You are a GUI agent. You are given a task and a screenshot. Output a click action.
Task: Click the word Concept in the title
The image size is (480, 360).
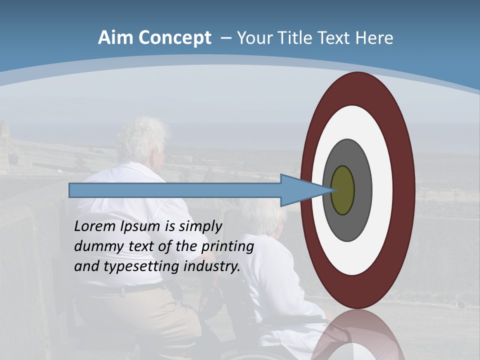point(174,38)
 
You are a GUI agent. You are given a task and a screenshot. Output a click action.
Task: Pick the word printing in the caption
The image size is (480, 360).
point(227,246)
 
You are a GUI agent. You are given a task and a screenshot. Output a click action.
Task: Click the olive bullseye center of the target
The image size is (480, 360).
point(342,190)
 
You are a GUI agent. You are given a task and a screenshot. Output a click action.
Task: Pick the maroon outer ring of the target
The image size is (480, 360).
point(404,190)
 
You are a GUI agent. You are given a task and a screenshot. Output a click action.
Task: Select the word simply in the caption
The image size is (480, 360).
point(200,226)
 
